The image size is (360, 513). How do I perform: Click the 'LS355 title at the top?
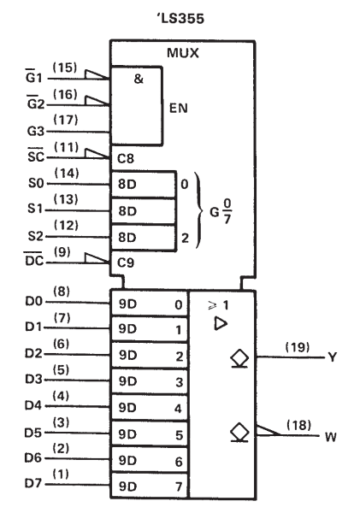tap(180, 18)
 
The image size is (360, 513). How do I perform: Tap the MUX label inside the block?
tap(183, 53)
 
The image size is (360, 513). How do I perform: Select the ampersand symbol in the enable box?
tap(139, 79)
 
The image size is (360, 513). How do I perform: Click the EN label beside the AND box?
tap(179, 109)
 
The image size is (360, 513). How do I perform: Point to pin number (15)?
tap(65, 68)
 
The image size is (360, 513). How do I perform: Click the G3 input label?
tap(35, 131)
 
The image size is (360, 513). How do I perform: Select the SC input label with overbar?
tap(36, 156)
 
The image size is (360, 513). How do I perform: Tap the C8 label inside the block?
tap(126, 159)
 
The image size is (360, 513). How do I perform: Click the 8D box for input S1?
tap(144, 211)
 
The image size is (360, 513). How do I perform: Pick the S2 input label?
tap(35, 236)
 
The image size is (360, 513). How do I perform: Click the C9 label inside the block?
tap(126, 262)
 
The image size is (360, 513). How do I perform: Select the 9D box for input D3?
tap(150, 381)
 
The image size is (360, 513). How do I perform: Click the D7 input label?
tap(33, 483)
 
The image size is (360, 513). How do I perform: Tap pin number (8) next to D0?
tap(62, 292)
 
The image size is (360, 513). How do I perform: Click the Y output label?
tap(332, 357)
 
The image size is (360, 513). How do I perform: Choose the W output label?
tap(331, 437)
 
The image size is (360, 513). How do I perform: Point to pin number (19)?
tap(298, 347)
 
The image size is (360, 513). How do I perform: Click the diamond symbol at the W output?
tap(239, 432)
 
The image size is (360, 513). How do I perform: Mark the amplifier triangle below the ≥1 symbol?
tap(221, 323)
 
